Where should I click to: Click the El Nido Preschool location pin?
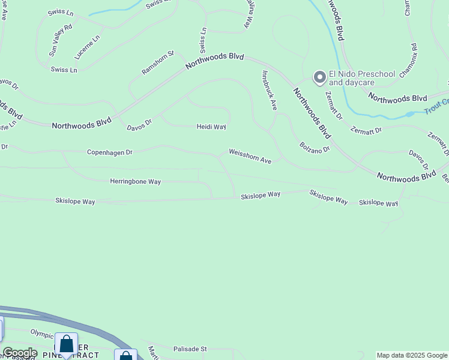pyautogui.click(x=319, y=77)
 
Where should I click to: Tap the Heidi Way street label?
pyautogui.click(x=211, y=127)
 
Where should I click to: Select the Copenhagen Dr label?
pyautogui.click(x=109, y=152)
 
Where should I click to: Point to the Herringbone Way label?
pyautogui.click(x=136, y=181)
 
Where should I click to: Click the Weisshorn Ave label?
pyautogui.click(x=250, y=157)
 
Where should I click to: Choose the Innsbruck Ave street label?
pyautogui.click(x=269, y=90)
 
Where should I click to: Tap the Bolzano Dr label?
pyautogui.click(x=315, y=147)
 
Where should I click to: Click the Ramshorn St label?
pyautogui.click(x=157, y=62)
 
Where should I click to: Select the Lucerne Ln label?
pyautogui.click(x=88, y=46)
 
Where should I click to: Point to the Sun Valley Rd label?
pyautogui.click(x=60, y=40)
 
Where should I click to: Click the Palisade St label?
pyautogui.click(x=190, y=349)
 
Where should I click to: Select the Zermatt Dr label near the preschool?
pyautogui.click(x=334, y=104)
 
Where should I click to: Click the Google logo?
pyautogui.click(x=20, y=353)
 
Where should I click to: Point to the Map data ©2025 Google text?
pyautogui.click(x=412, y=355)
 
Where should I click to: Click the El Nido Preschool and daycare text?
pyautogui.click(x=363, y=78)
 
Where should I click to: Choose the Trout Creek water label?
pyautogui.click(x=436, y=107)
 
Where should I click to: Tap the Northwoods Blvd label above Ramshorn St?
pyautogui.click(x=215, y=59)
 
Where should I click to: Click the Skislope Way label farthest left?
pyautogui.click(x=75, y=202)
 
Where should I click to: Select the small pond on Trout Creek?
pyautogui.click(x=410, y=114)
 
